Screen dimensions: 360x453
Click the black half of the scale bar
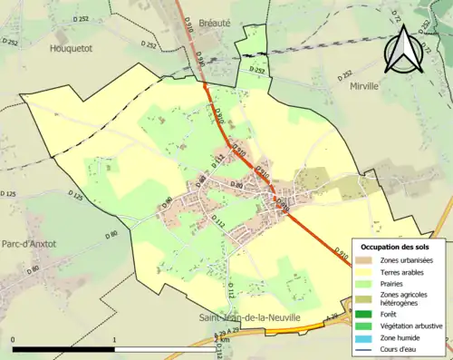pos(63,349)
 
